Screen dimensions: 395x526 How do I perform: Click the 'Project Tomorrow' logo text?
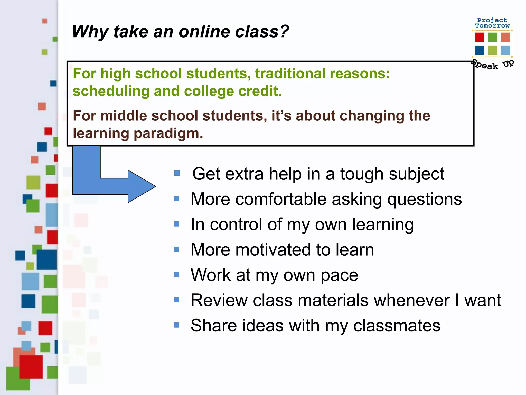pos(492,23)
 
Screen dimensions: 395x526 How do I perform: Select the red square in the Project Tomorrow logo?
pos(479,37)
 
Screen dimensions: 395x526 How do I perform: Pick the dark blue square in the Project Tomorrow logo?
pos(479,50)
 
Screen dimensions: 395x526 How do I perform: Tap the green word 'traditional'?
pos(290,74)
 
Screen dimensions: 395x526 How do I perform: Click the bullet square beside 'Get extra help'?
pos(177,173)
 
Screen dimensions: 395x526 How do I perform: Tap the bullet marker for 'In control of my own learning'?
pos(177,224)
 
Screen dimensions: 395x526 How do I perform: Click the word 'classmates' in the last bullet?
pos(397,326)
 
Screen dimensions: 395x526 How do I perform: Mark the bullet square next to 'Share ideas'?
pos(177,325)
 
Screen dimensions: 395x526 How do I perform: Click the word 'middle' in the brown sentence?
pos(124,116)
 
